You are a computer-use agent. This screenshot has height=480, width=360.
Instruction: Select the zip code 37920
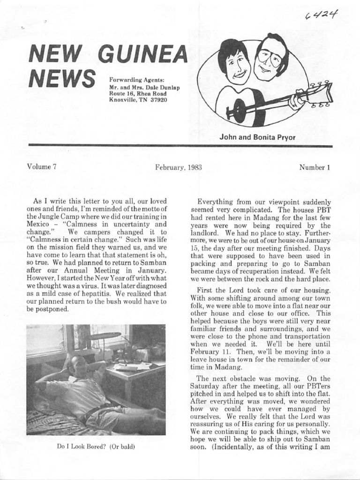158,100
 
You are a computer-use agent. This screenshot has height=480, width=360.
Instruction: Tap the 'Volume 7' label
41,167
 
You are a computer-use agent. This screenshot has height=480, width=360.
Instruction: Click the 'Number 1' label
315,167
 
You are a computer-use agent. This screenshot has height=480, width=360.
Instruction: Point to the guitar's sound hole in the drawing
240,111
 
